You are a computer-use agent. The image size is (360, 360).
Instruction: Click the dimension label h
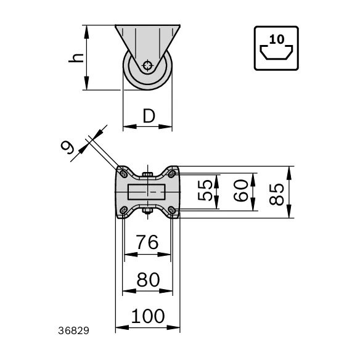(76, 57)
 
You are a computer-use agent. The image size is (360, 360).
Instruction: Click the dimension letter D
(148, 115)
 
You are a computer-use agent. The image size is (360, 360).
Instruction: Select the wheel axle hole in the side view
(147, 65)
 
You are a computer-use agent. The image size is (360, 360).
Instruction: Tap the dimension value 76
(147, 242)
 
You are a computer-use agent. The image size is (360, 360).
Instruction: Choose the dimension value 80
(147, 280)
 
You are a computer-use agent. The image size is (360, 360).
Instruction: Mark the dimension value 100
(148, 316)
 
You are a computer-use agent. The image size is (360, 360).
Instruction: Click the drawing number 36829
(73, 330)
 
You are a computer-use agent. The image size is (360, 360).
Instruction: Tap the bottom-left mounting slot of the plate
(124, 211)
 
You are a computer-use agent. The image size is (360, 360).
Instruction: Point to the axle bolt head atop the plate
(147, 174)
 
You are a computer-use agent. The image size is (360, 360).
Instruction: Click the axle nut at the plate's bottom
(147, 211)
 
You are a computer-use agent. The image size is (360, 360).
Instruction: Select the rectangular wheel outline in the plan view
(147, 192)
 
